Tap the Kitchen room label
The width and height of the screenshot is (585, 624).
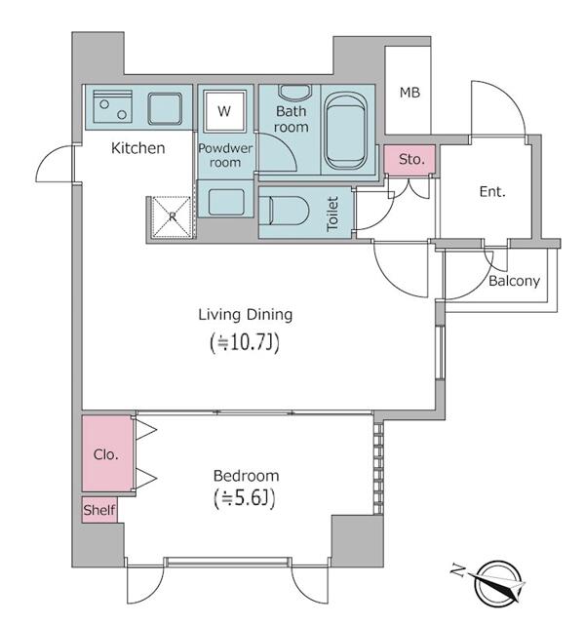pos(137,149)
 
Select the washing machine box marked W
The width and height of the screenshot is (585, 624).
pos(224,111)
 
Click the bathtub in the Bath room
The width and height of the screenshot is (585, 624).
pos(345,132)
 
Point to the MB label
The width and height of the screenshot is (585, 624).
pos(409,93)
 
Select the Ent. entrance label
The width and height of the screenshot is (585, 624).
pos(492,192)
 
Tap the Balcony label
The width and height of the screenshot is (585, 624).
pos(514,281)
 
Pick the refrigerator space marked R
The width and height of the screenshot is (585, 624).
pos(172,217)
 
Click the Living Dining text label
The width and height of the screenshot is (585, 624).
pos(246,315)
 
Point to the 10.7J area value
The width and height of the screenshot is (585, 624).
pos(246,342)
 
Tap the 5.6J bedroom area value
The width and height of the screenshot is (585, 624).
pos(246,499)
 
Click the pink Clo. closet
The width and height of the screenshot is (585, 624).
pos(106,454)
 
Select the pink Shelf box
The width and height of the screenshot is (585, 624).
pos(98,510)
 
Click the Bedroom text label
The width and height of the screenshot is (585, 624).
pos(246,476)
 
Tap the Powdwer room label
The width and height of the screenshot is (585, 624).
pos(225,155)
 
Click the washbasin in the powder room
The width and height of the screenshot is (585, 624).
pos(227,204)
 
